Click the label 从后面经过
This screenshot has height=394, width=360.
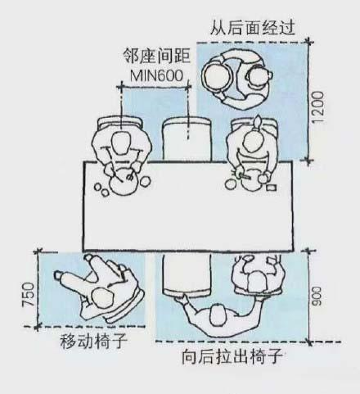(252, 27)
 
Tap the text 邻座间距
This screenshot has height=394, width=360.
(156, 56)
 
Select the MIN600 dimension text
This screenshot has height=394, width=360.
(156, 75)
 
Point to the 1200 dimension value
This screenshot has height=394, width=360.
(318, 107)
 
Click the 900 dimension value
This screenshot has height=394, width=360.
(317, 296)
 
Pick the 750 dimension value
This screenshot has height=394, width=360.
(29, 295)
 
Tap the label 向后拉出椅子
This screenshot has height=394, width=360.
(232, 356)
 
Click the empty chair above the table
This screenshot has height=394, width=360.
(187, 138)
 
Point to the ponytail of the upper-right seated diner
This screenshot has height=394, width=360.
(258, 122)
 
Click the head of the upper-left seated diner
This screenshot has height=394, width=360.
(121, 143)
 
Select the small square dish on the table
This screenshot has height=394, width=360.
(272, 188)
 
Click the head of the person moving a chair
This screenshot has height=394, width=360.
(102, 299)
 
